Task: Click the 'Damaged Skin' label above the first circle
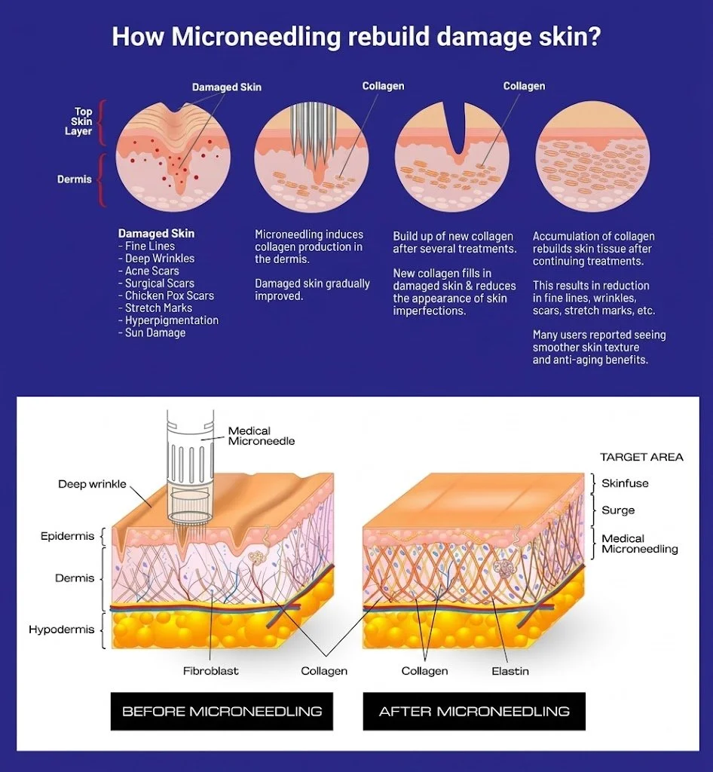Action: click(x=226, y=87)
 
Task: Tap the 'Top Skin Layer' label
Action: click(x=80, y=121)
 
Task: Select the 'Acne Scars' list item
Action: click(x=148, y=271)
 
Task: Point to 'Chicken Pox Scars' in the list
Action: click(x=166, y=296)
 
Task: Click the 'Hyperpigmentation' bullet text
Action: click(x=168, y=320)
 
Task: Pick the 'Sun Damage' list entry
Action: click(x=152, y=332)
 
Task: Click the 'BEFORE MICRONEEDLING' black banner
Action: click(x=222, y=711)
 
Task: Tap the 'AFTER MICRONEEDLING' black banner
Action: click(x=474, y=711)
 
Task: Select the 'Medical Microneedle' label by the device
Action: click(x=262, y=436)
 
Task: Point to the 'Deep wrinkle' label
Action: click(x=92, y=484)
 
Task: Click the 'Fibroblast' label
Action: click(x=210, y=670)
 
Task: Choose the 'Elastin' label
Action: click(x=510, y=671)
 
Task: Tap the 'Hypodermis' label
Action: click(x=62, y=630)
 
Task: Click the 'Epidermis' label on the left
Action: click(x=67, y=536)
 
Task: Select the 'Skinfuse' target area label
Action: click(x=625, y=483)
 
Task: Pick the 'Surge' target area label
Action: click(x=618, y=510)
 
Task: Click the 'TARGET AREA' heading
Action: click(x=641, y=457)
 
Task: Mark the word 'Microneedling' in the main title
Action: click(x=256, y=38)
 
